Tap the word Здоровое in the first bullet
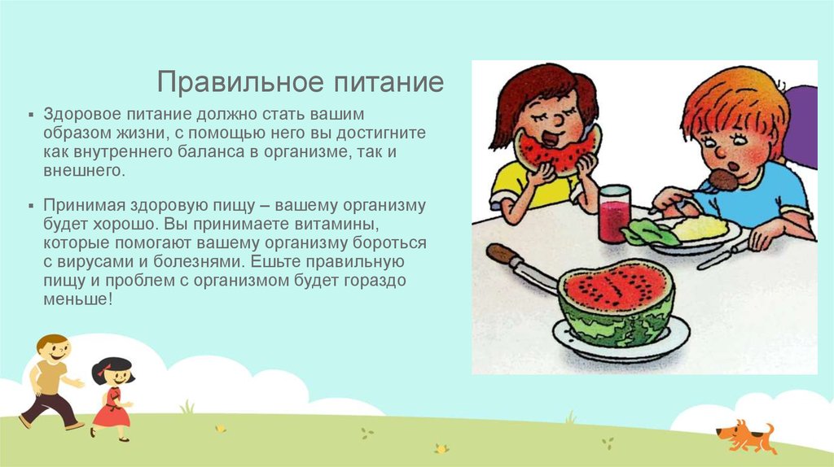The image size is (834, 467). [77, 114]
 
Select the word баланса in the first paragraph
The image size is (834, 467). [208, 151]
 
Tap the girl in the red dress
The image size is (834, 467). [112, 399]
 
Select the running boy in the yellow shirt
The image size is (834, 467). [50, 380]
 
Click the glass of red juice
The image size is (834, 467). [614, 213]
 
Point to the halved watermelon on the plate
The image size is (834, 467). [617, 301]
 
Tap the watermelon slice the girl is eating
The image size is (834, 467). [559, 151]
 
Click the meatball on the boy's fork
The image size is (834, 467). [722, 178]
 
